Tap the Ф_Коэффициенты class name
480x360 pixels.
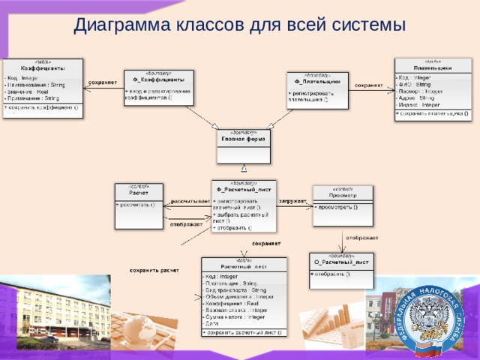point(159,79)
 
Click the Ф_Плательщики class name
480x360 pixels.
point(317,80)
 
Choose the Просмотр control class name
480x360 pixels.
point(342,194)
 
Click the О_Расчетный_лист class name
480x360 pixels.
point(341,262)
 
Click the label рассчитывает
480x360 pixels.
point(190,201)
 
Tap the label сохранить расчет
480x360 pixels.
point(154,269)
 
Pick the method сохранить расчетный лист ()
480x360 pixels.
point(244,331)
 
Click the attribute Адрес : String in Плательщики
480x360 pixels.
point(418,97)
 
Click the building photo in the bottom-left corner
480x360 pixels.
point(45,315)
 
